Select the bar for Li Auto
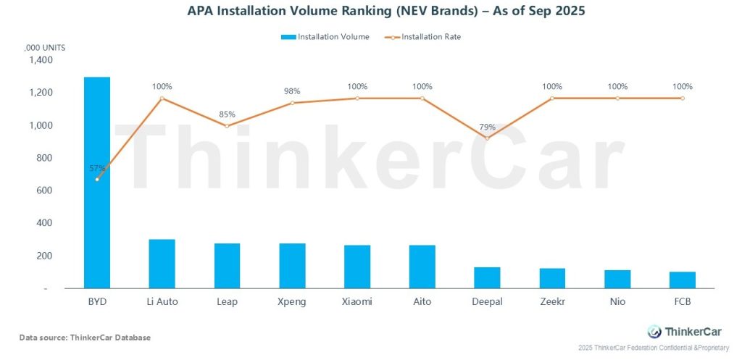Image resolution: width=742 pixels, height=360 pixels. pyautogui.click(x=162, y=264)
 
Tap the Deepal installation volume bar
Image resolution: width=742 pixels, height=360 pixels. pyautogui.click(x=487, y=277)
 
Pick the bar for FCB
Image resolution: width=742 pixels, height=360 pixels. pyautogui.click(x=682, y=280)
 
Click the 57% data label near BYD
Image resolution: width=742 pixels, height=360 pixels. pyautogui.click(x=98, y=168)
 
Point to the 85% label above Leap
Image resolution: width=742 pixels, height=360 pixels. pyautogui.click(x=227, y=114)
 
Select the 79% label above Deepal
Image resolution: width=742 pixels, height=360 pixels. pyautogui.click(x=487, y=127)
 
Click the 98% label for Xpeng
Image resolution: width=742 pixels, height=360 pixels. pyautogui.click(x=292, y=91)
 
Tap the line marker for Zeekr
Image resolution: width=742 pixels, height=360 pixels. pyautogui.click(x=552, y=98)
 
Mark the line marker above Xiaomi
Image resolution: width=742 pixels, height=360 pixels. pyautogui.click(x=357, y=98)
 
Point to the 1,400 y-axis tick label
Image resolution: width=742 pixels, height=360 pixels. pyautogui.click(x=41, y=60)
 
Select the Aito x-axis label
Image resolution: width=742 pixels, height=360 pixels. pyautogui.click(x=422, y=301)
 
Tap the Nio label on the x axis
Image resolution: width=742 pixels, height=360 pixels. pyautogui.click(x=617, y=301)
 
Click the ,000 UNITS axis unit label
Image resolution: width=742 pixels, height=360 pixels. pyautogui.click(x=45, y=47)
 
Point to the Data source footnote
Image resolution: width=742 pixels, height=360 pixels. pyautogui.click(x=85, y=338)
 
